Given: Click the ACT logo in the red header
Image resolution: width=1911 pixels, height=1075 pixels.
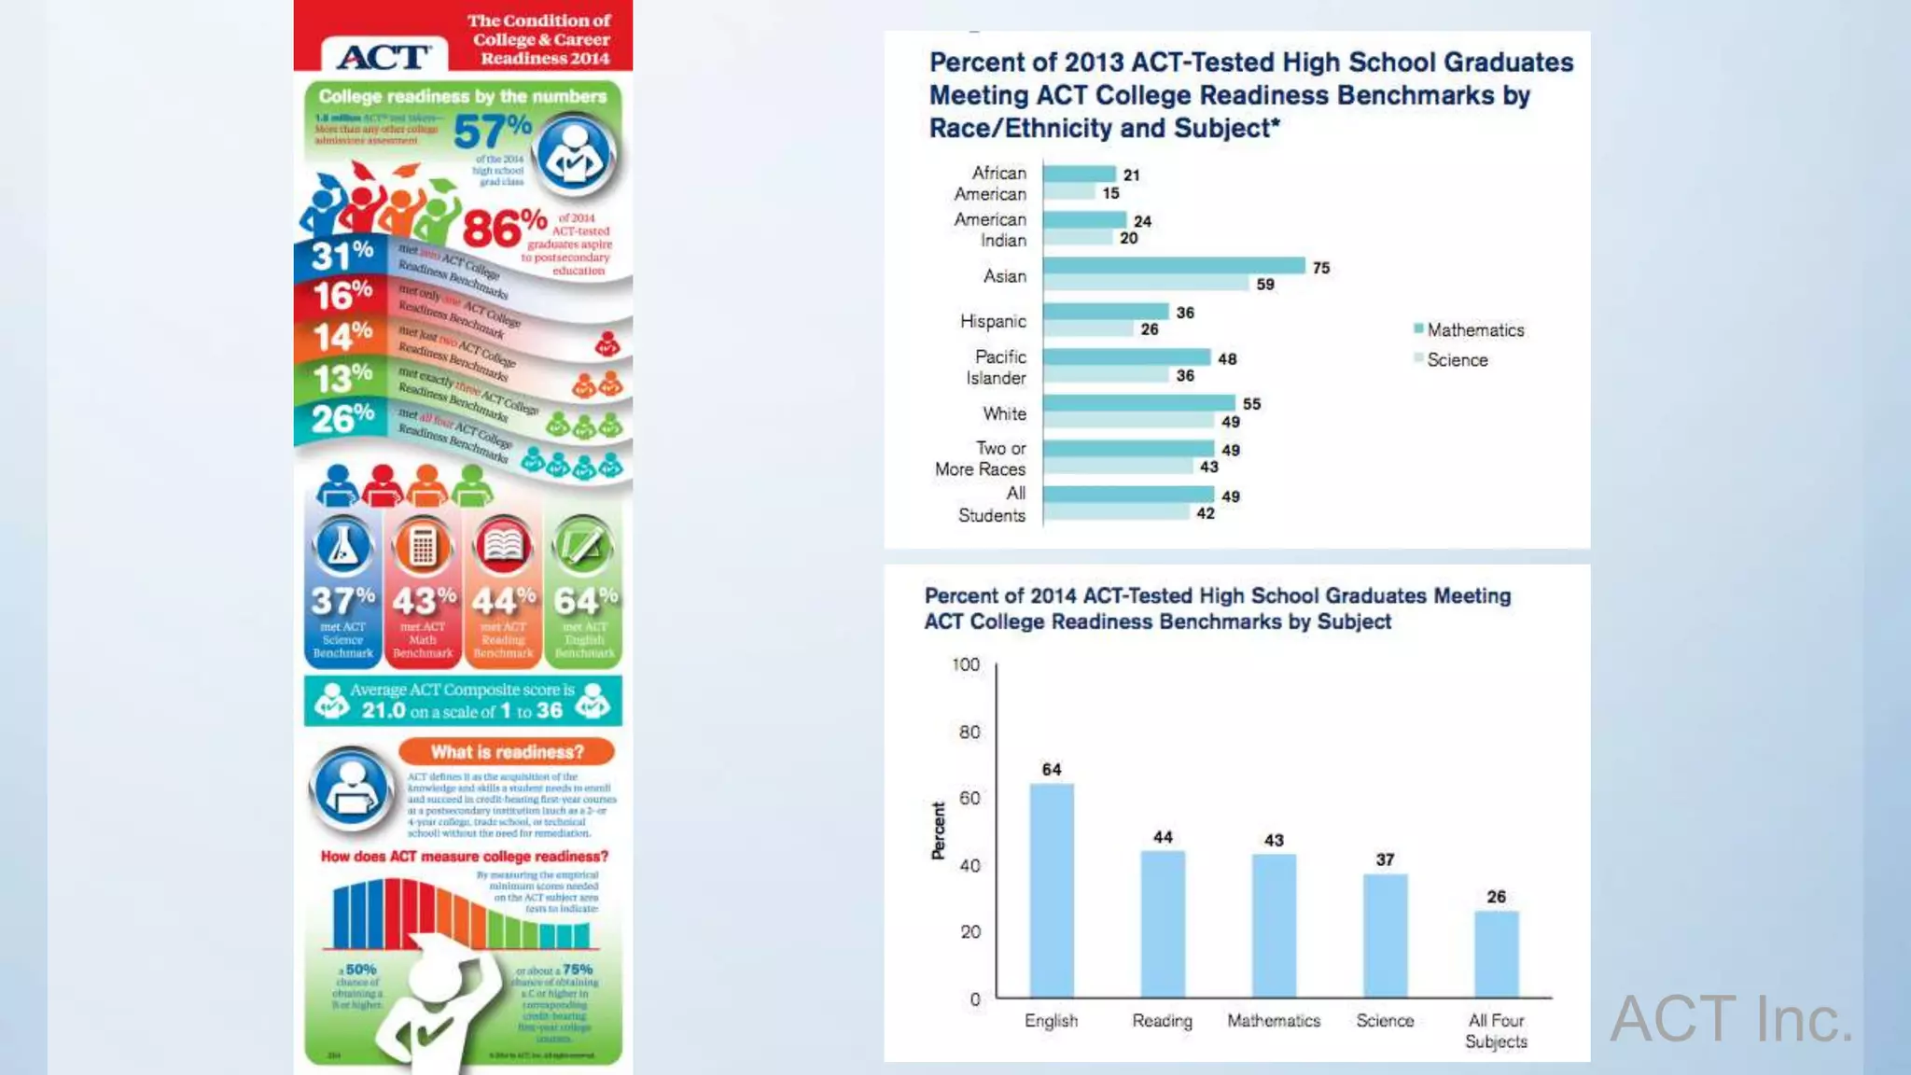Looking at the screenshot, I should [x=384, y=56].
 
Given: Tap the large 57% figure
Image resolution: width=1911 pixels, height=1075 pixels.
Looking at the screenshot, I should [x=492, y=132].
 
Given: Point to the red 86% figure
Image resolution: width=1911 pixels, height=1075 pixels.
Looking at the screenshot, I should [x=504, y=228].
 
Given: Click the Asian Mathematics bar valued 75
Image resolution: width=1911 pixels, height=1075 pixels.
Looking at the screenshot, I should [x=1174, y=266].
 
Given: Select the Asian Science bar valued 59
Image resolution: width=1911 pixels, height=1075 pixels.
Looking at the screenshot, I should [x=1146, y=283].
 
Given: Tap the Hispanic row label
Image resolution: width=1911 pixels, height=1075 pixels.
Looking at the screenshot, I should [x=993, y=321].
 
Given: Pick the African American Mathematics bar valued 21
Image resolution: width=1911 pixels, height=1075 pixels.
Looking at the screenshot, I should [x=1079, y=174].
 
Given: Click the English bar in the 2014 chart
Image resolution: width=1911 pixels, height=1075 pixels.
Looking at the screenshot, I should [x=1052, y=890].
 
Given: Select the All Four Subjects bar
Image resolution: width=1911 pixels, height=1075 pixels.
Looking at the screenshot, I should [x=1496, y=954].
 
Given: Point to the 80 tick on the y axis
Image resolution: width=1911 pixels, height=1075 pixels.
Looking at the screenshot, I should [x=969, y=732].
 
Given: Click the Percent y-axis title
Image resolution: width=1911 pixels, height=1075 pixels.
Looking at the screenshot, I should [x=938, y=831].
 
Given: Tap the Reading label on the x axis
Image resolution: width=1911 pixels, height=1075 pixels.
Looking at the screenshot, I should [x=1162, y=1021].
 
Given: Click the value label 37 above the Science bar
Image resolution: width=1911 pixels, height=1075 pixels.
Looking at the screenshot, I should [x=1385, y=859].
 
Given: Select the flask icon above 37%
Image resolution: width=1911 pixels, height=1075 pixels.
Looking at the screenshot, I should [x=342, y=547].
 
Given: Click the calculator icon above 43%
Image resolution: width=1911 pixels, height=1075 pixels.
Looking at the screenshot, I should [x=423, y=547].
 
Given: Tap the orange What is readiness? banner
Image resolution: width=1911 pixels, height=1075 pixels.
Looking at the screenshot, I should [x=507, y=752].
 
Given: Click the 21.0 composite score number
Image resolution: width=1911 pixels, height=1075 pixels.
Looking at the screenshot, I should [x=384, y=710].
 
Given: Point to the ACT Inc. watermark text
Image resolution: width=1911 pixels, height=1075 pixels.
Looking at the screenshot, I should [x=1731, y=1018].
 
